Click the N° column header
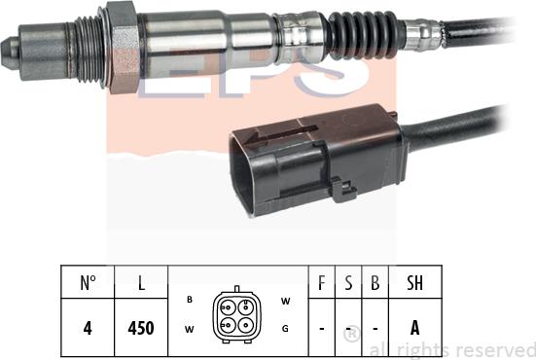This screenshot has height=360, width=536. (x=88, y=284)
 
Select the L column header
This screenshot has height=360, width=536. (x=142, y=284)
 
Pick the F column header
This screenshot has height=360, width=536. (x=321, y=284)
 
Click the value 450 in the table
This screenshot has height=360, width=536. (x=142, y=328)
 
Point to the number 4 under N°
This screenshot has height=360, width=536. (x=88, y=328)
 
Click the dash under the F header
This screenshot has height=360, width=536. (x=321, y=329)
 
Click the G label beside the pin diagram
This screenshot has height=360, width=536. (x=285, y=328)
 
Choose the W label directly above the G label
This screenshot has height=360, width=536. (x=285, y=301)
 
